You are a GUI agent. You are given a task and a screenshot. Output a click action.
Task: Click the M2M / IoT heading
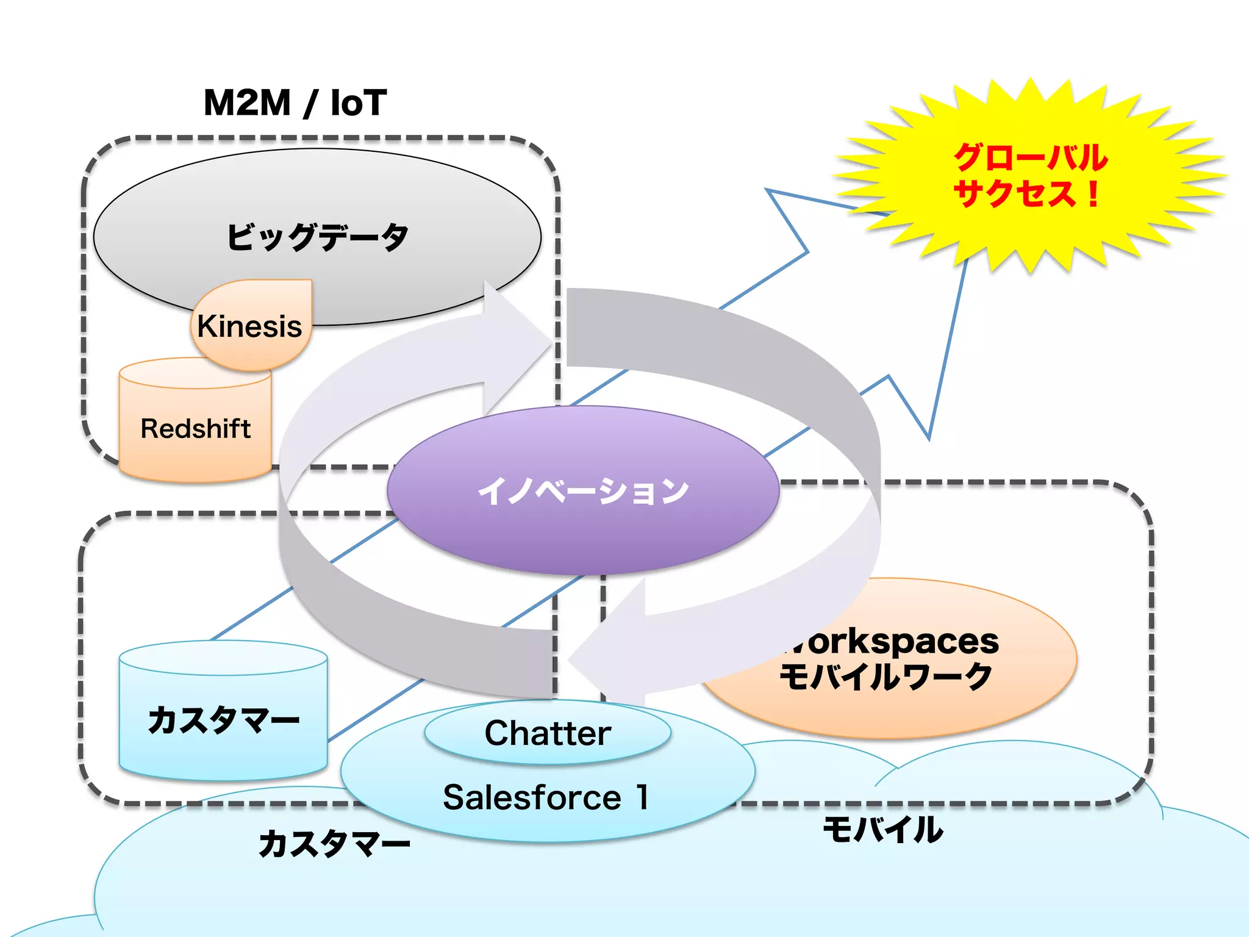pyautogui.click(x=295, y=102)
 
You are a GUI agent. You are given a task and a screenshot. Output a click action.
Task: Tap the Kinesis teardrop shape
pyautogui.click(x=250, y=326)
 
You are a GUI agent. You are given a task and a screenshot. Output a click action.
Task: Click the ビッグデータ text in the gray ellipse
pyautogui.click(x=317, y=237)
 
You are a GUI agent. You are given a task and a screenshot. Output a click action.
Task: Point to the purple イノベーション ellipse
pyautogui.click(x=583, y=491)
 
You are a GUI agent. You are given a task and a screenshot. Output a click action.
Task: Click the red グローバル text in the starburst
pyautogui.click(x=1031, y=157)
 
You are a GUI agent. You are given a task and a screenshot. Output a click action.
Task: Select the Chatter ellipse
pyautogui.click(x=548, y=733)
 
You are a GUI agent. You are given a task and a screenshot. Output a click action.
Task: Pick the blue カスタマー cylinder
pyautogui.click(x=223, y=720)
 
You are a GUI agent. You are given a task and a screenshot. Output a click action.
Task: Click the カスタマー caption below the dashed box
pyautogui.click(x=334, y=844)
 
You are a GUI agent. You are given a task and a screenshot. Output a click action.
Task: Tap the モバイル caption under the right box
pyautogui.click(x=882, y=830)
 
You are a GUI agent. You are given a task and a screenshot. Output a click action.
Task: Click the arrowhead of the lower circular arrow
pyautogui.click(x=571, y=659)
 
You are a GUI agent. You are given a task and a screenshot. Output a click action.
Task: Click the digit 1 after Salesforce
pyautogui.click(x=642, y=797)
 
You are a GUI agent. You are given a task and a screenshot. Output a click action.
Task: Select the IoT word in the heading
pyautogui.click(x=359, y=102)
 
